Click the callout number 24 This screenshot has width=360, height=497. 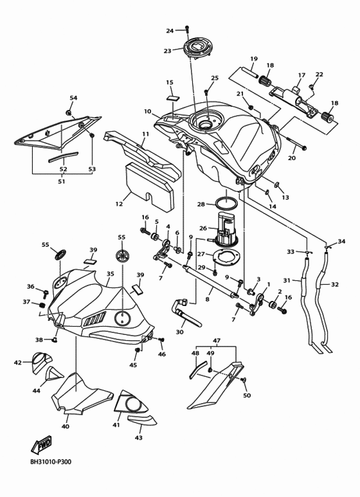tap(170, 31)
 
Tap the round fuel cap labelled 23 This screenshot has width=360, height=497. tap(194, 48)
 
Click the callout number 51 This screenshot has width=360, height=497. tap(62, 182)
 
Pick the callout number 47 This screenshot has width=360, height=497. tap(217, 340)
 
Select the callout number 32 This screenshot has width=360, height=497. tap(335, 284)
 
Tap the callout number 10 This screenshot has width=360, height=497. tap(147, 111)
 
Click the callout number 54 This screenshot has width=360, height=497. tap(73, 98)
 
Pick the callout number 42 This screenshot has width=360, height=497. tap(18, 363)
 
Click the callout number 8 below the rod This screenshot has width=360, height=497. tap(207, 299)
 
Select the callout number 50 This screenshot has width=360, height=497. tap(247, 395)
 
